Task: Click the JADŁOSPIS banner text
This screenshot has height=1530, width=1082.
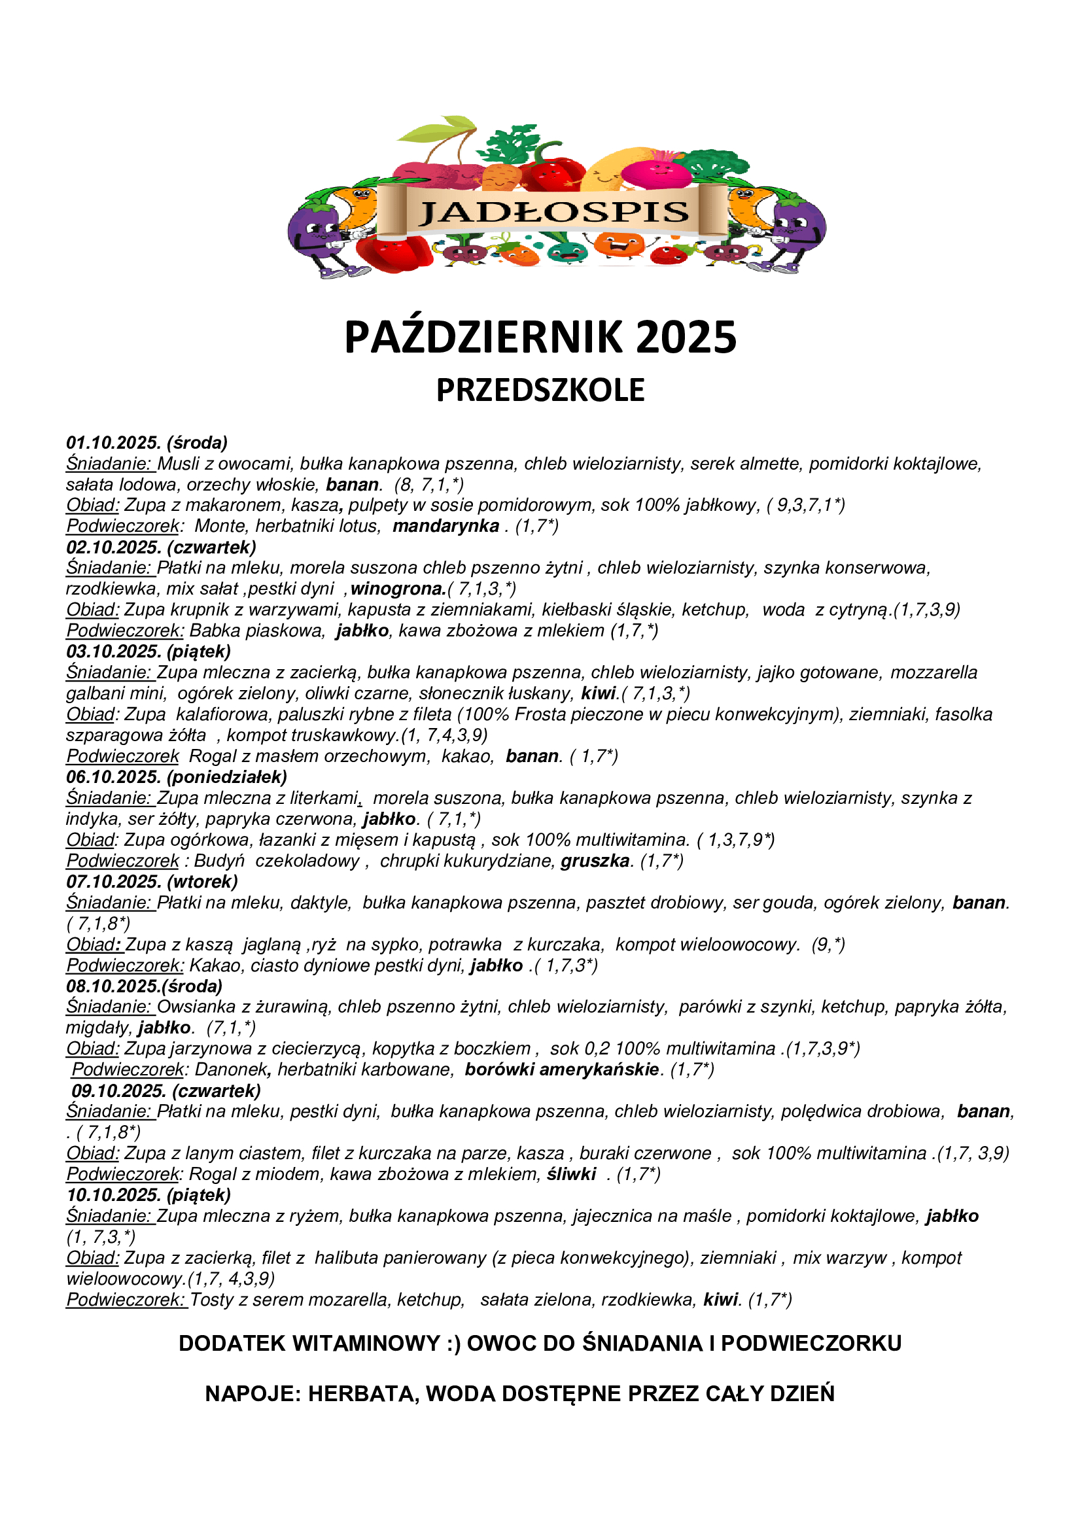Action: click(x=553, y=213)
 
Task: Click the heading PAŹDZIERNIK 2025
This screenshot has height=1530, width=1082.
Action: click(x=540, y=337)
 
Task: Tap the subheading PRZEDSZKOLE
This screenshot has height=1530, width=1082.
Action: click(x=540, y=390)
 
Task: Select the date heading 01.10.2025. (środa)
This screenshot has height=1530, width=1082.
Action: click(x=147, y=442)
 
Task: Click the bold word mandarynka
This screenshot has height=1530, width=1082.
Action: click(x=445, y=526)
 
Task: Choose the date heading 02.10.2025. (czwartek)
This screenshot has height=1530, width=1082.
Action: click(x=160, y=547)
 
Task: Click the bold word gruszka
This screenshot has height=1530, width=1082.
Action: click(x=595, y=861)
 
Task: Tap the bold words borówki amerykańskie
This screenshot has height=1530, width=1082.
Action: click(x=563, y=1069)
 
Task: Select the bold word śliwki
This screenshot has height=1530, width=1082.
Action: click(x=571, y=1174)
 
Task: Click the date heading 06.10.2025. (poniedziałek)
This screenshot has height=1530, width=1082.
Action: click(x=177, y=777)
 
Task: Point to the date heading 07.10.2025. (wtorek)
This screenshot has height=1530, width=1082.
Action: click(x=152, y=882)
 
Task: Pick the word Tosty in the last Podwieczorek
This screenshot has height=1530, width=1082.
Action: click(x=211, y=1300)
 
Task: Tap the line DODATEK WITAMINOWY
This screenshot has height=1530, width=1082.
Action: click(x=540, y=1343)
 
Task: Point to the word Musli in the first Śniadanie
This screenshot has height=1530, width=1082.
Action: click(x=179, y=463)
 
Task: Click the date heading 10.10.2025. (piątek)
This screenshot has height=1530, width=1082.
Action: click(x=148, y=1195)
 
